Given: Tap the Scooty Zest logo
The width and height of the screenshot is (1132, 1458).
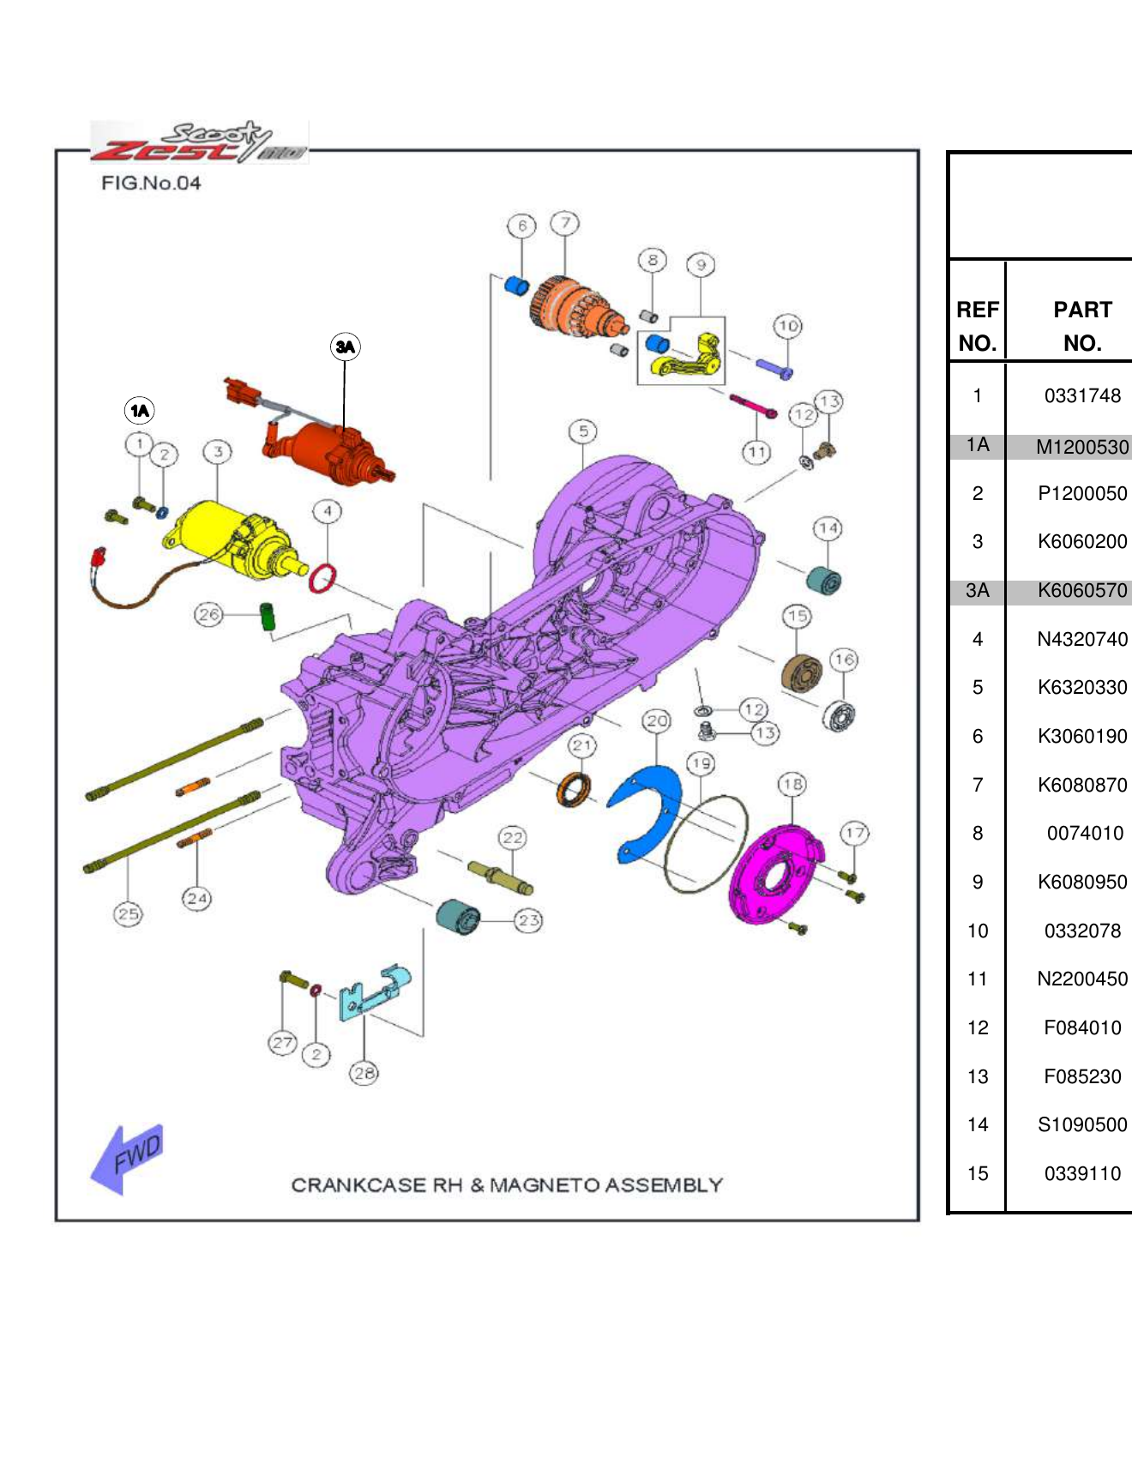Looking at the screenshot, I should pyautogui.click(x=199, y=142).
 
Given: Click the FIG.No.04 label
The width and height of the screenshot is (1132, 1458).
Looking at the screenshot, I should pyautogui.click(x=151, y=183).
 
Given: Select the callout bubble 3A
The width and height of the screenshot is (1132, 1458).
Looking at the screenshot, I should pyautogui.click(x=345, y=346).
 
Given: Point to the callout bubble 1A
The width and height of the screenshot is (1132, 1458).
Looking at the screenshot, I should pyautogui.click(x=139, y=411).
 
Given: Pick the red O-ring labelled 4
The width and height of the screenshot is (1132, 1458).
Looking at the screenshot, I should pyautogui.click(x=322, y=578).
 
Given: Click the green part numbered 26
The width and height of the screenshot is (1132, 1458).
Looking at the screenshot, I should pyautogui.click(x=268, y=616).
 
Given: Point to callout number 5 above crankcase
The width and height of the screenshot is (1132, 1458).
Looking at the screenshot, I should pyautogui.click(x=583, y=431).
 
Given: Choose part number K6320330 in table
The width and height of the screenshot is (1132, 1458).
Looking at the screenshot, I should pyautogui.click(x=1082, y=688).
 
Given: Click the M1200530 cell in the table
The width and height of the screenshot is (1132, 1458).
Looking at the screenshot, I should pyautogui.click(x=1082, y=447).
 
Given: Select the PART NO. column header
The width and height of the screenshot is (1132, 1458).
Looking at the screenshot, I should pyautogui.click(x=1082, y=326).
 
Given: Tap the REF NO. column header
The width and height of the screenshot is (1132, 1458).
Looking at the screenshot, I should pyautogui.click(x=978, y=326).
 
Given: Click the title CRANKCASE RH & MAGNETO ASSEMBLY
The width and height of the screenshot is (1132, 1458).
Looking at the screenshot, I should pyautogui.click(x=507, y=1185).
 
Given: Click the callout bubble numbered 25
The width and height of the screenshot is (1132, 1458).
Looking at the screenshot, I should pyautogui.click(x=128, y=914).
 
